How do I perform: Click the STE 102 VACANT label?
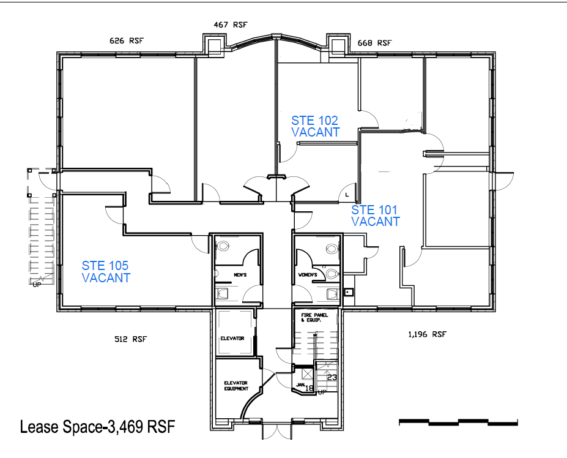click(x=316, y=126)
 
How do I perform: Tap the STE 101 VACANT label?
click(x=376, y=216)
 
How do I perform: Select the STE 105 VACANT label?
click(x=106, y=271)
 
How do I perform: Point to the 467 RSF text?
click(x=231, y=24)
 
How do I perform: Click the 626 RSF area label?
click(x=127, y=40)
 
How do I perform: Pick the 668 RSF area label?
click(x=374, y=43)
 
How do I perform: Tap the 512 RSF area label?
click(x=130, y=339)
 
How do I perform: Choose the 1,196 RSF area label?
click(x=427, y=334)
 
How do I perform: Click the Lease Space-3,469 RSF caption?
click(x=97, y=427)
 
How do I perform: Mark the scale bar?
click(x=458, y=422)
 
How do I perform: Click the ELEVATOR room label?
click(x=232, y=338)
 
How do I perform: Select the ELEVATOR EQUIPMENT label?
click(x=236, y=386)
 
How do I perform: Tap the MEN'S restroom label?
click(x=240, y=275)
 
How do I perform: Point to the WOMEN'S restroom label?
click(x=308, y=275)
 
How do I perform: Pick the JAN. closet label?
click(x=301, y=385)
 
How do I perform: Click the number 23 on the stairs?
click(x=332, y=377)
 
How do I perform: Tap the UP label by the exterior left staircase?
click(x=37, y=285)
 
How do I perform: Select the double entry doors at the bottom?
click(x=276, y=431)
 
